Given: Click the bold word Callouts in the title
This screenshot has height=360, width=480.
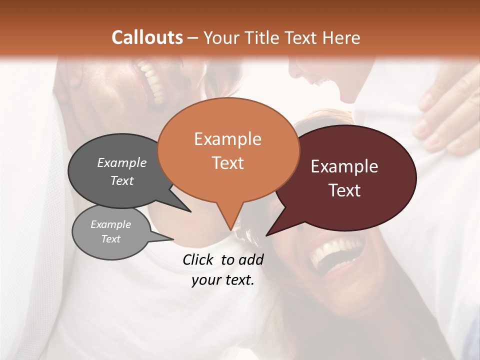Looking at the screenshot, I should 147,37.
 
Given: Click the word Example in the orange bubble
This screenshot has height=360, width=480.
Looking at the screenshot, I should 227,139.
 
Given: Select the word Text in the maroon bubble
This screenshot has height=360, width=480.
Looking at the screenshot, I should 344,190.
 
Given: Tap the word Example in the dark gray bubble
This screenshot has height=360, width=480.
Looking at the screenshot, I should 122,162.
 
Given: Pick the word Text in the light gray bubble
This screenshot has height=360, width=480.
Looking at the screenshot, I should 111,239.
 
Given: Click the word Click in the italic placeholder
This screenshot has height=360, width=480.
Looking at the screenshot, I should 199,259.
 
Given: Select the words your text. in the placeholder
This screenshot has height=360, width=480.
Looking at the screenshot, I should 223,280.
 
